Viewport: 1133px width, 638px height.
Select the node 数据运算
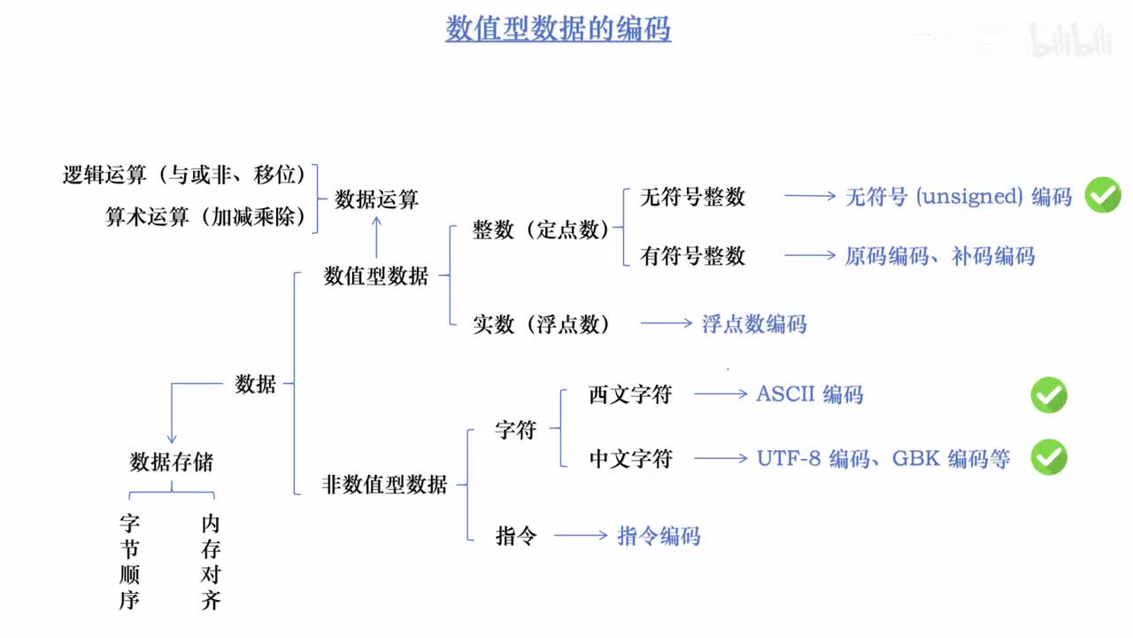point(376,199)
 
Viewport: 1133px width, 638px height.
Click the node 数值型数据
point(376,276)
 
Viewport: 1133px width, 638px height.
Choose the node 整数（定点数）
point(541,230)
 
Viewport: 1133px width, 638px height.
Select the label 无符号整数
point(692,197)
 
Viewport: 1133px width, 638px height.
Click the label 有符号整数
point(692,256)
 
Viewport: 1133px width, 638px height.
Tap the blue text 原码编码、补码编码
point(939,256)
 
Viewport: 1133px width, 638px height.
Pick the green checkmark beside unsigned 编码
point(1103,195)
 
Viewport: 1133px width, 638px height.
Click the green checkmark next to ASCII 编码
point(1049,395)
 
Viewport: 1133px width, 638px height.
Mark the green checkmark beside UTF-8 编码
point(1049,457)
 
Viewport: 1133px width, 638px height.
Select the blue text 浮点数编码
point(754,323)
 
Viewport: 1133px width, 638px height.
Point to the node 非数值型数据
point(384,485)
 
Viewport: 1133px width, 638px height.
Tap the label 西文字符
point(630,394)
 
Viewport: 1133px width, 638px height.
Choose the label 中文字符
point(630,458)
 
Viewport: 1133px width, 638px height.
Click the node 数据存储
point(171,462)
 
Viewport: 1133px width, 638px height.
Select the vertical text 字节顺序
point(130,562)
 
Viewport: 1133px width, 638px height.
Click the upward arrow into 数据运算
point(376,237)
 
